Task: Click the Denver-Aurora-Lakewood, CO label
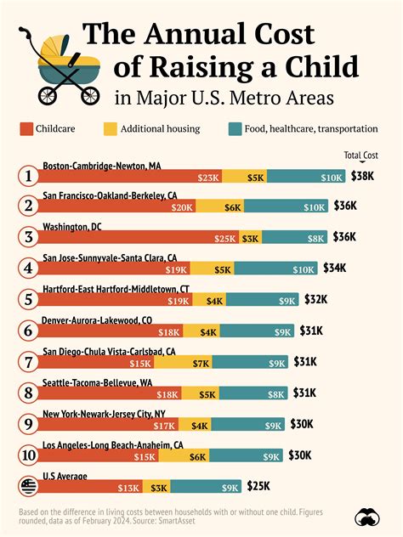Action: [97, 319]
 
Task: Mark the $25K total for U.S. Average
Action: [258, 486]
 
